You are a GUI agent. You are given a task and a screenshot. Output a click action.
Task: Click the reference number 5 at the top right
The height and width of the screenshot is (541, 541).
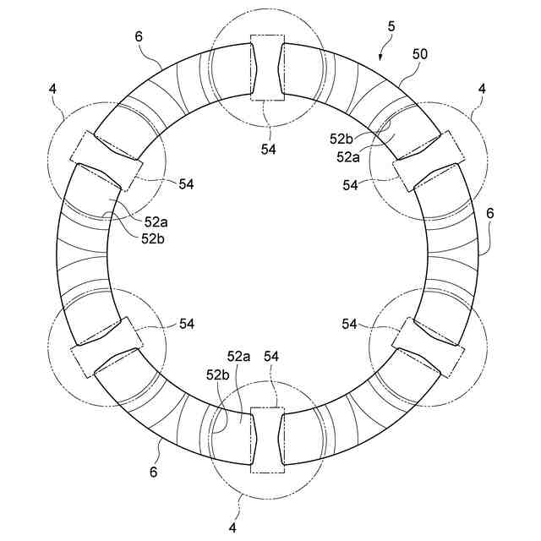point(391,27)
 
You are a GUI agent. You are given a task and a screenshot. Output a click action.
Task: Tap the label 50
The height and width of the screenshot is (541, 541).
point(420,53)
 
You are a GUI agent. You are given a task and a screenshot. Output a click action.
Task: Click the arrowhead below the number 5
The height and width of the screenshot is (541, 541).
point(382,57)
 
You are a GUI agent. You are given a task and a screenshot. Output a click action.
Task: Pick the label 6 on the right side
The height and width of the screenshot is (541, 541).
point(490,213)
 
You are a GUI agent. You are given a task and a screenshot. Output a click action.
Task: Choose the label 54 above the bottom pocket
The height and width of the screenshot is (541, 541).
point(272,358)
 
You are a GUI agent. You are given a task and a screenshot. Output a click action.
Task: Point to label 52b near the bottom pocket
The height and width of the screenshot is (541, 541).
point(217,374)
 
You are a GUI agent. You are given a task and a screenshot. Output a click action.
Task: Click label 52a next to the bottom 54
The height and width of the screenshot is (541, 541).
point(238,358)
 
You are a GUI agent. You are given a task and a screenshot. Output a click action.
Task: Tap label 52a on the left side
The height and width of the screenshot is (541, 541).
point(156,221)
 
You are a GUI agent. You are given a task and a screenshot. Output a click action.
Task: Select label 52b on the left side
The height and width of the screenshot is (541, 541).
point(156,239)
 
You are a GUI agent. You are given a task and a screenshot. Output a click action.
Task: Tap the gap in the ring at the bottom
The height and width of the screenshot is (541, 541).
point(268,440)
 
